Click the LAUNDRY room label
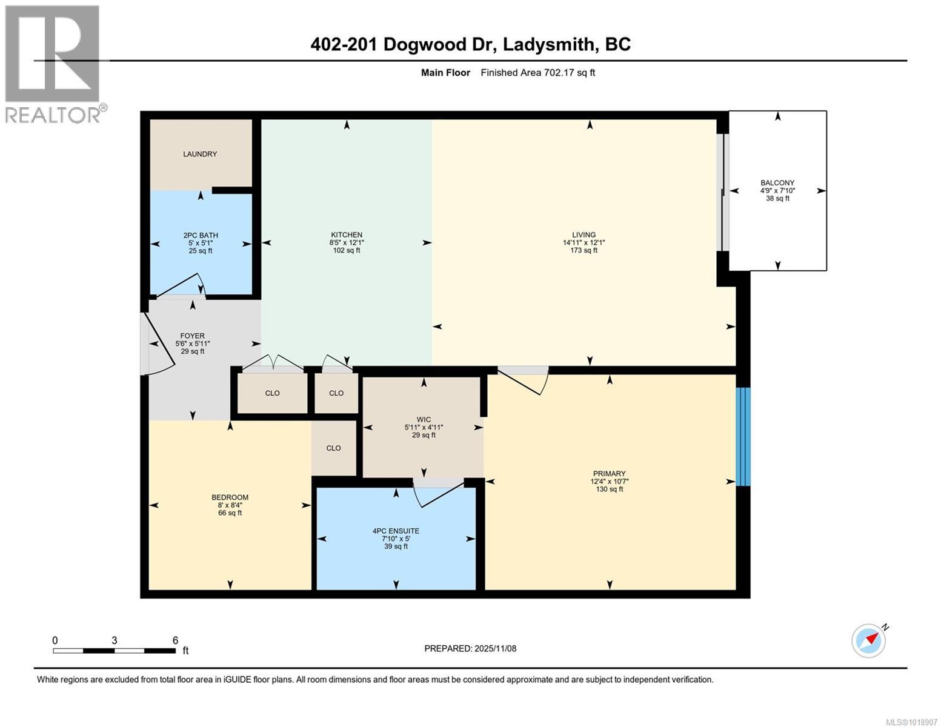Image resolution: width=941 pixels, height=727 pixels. pyautogui.click(x=200, y=154)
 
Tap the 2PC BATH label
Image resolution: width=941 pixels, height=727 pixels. pyautogui.click(x=201, y=235)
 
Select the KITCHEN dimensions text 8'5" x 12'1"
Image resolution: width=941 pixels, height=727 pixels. pyautogui.click(x=347, y=242)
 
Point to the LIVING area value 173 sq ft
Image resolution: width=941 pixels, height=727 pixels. pyautogui.click(x=584, y=250)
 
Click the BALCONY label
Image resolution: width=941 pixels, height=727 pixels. pyautogui.click(x=777, y=182)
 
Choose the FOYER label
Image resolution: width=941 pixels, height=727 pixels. pyautogui.click(x=192, y=336)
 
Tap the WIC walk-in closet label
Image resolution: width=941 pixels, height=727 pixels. pyautogui.click(x=424, y=419)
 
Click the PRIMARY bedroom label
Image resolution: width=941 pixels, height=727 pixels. pyautogui.click(x=609, y=474)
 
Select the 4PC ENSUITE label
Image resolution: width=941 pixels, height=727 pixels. pyautogui.click(x=396, y=531)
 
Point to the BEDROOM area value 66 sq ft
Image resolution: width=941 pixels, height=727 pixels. pyautogui.click(x=230, y=513)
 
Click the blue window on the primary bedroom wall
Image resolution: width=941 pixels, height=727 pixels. pyautogui.click(x=743, y=436)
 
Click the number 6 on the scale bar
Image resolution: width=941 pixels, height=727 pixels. pyautogui.click(x=175, y=640)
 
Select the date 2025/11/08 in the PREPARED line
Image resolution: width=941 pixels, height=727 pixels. pyautogui.click(x=494, y=648)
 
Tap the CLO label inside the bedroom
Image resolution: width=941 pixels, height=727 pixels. pyautogui.click(x=333, y=448)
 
